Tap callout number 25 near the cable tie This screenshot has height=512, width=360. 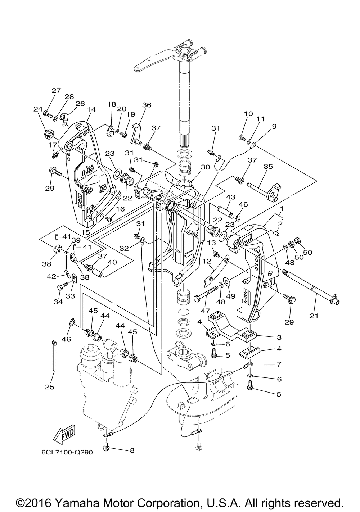[50, 387]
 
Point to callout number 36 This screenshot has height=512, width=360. [147, 105]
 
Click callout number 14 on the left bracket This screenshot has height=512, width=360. [91, 109]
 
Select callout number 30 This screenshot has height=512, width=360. [205, 167]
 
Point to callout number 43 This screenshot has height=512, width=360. [230, 197]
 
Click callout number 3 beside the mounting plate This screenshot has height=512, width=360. [279, 337]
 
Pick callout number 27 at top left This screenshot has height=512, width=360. [56, 91]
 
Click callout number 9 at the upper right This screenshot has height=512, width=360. [274, 126]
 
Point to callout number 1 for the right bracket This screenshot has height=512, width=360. [282, 208]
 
